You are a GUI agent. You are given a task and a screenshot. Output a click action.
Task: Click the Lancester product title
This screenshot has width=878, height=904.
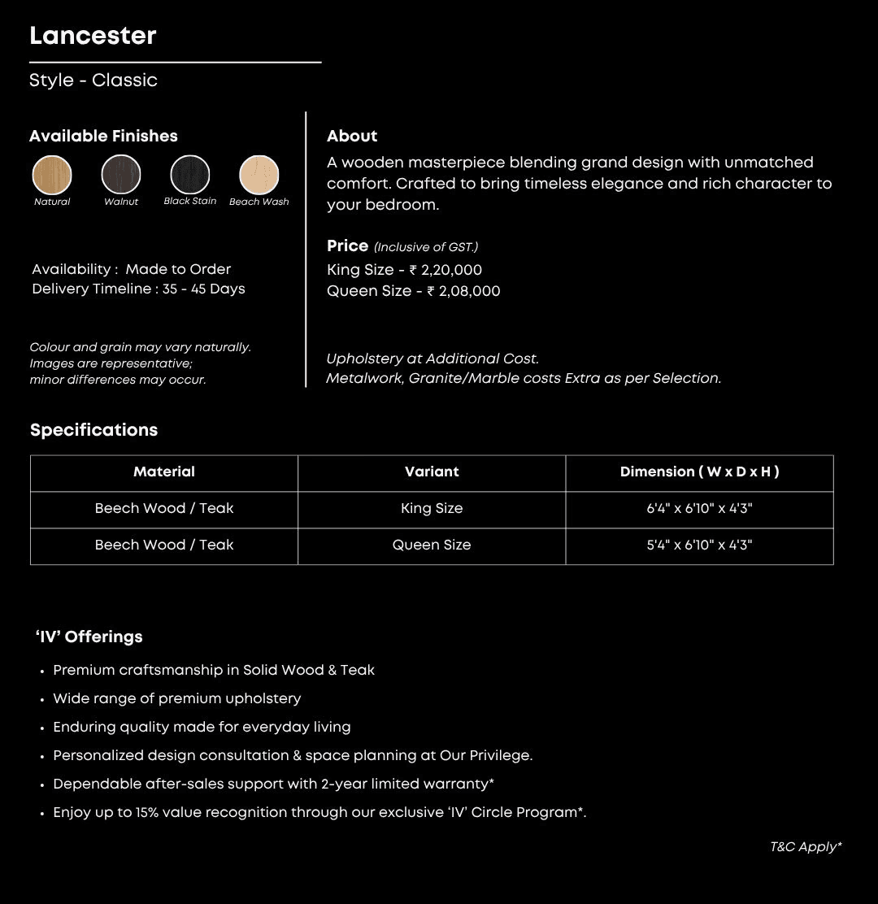(x=93, y=36)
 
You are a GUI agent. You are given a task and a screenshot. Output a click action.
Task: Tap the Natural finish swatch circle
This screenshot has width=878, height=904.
(x=52, y=175)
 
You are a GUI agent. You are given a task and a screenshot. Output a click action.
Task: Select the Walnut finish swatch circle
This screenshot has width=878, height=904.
(x=121, y=175)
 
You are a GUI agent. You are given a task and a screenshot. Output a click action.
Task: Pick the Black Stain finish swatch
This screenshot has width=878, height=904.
(x=190, y=174)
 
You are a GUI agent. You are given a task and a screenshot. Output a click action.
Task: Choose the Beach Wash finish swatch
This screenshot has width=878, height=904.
(x=259, y=175)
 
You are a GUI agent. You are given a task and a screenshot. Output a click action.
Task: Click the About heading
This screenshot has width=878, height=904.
(x=352, y=136)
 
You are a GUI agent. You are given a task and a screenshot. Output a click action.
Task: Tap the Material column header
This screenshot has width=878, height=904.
(x=164, y=472)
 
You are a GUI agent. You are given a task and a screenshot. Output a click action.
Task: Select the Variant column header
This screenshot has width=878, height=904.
(x=432, y=472)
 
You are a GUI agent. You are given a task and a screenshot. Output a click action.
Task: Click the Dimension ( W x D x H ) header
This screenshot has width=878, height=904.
(x=699, y=472)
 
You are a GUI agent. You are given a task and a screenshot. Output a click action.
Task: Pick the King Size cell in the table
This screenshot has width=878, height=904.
(x=432, y=508)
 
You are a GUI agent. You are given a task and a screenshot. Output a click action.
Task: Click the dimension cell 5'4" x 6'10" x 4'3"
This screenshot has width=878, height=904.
(x=699, y=545)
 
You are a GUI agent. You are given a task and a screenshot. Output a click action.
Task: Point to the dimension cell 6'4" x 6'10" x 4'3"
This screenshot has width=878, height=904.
(x=699, y=508)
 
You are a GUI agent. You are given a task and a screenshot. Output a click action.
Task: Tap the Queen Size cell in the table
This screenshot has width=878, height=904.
(x=432, y=545)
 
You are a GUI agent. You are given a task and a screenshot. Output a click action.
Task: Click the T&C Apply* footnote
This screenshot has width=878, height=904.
(x=806, y=847)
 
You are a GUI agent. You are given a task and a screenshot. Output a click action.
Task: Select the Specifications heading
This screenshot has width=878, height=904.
(x=93, y=430)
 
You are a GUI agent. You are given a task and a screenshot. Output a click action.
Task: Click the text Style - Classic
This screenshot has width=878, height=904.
(x=93, y=80)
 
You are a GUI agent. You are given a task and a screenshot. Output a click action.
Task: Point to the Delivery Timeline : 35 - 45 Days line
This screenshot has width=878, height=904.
(x=138, y=289)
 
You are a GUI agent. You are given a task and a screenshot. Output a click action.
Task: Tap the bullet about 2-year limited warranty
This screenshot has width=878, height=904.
(x=273, y=784)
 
